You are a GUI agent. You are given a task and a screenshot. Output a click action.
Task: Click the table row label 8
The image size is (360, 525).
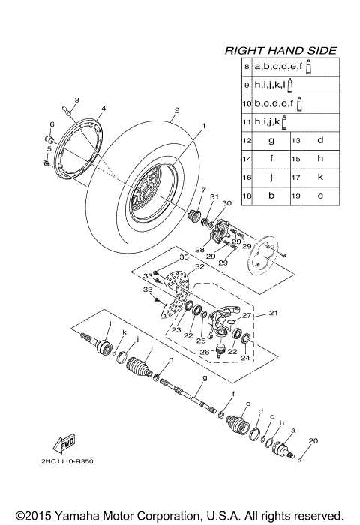point(246,67)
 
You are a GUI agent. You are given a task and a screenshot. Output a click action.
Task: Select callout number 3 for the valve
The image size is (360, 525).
point(77,100)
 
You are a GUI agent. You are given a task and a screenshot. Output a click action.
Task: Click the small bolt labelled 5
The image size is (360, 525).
point(46,161)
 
